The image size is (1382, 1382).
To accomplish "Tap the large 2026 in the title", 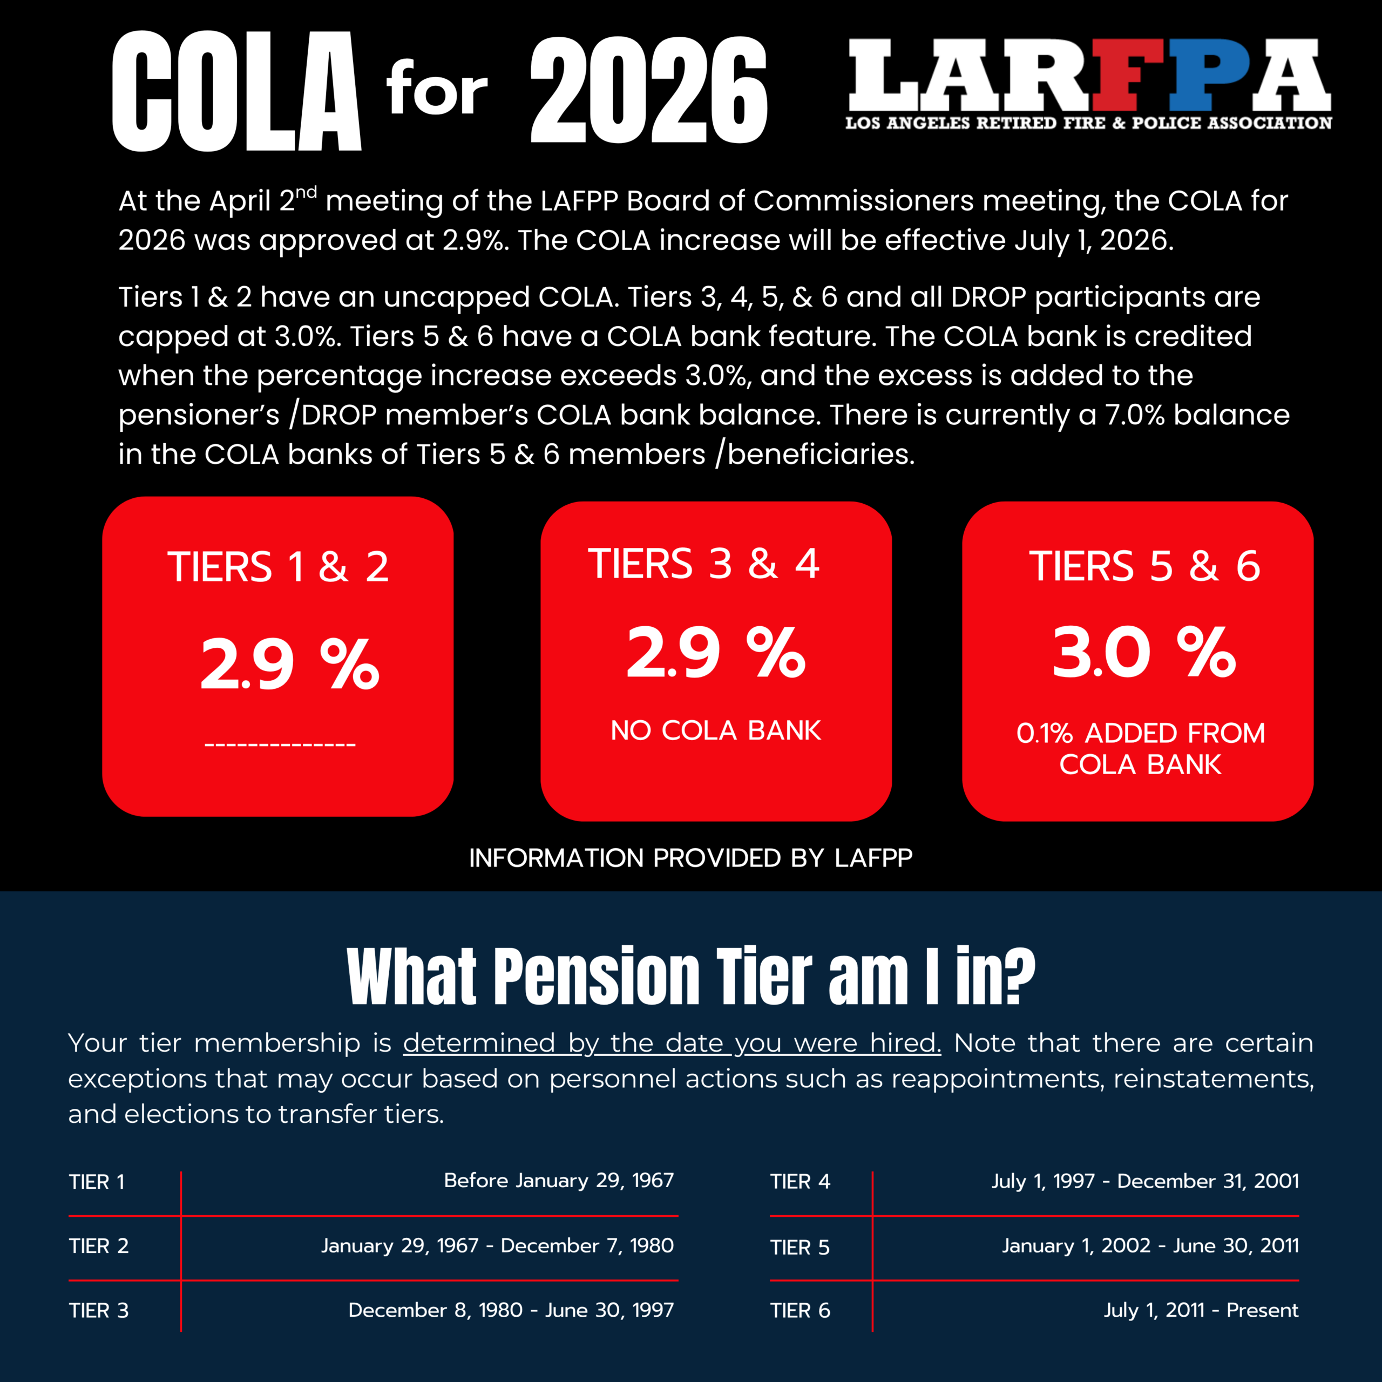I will [x=648, y=90].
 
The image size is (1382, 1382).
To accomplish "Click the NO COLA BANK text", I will [x=715, y=730].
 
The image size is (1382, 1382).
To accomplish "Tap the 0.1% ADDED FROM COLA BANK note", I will [x=1140, y=748].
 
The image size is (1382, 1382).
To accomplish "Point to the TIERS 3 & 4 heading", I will [x=703, y=564].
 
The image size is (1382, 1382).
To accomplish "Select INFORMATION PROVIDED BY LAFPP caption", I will [x=690, y=858].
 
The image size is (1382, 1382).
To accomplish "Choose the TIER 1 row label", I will [x=97, y=1182].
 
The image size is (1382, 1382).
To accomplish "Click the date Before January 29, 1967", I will [x=558, y=1180].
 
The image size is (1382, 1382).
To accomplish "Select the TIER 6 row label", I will [x=800, y=1310].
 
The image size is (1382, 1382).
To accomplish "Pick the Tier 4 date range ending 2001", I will [x=1144, y=1181].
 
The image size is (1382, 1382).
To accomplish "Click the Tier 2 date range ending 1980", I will [x=497, y=1245].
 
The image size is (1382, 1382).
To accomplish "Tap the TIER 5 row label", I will [x=800, y=1248].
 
